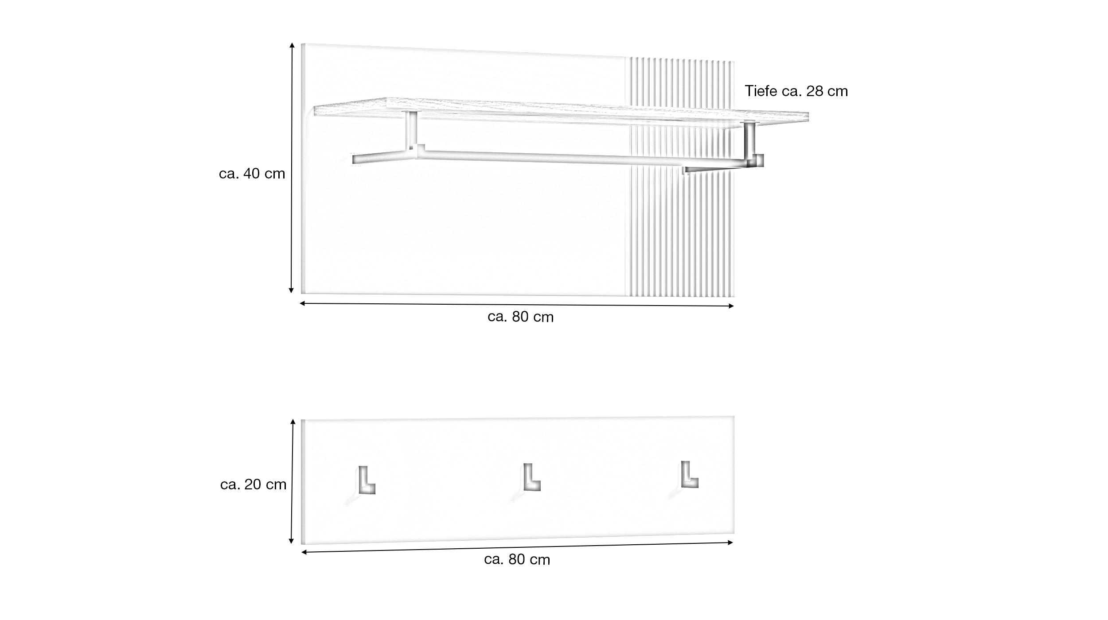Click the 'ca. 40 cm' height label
252,174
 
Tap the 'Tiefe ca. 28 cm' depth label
796,91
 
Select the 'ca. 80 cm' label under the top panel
520,317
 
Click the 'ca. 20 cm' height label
253,484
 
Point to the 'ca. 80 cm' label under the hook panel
517,560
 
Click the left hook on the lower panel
366,480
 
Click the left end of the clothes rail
356,159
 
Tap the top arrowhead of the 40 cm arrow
292,45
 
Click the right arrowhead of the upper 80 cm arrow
731,306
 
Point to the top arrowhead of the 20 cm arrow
293,422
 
